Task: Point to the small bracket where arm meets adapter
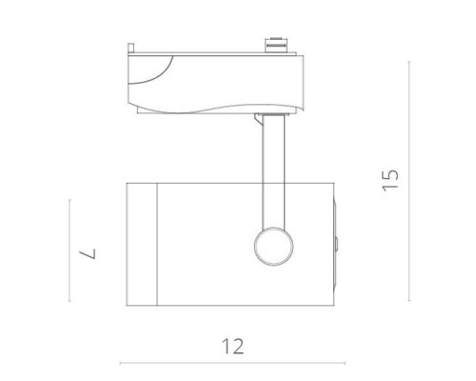tap(263, 117)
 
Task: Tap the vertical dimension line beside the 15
tap(409, 181)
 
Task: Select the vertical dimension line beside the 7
tap(69, 251)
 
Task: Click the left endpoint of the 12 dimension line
tap(119, 363)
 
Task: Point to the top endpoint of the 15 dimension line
tap(409, 62)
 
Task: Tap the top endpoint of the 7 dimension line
tap(69, 199)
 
